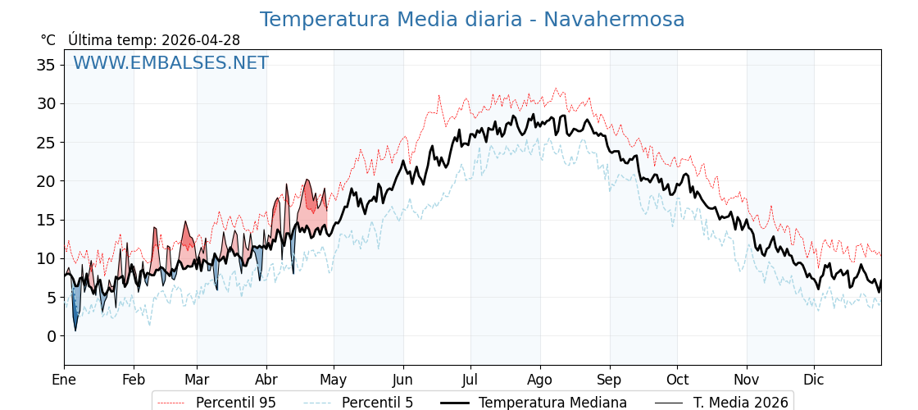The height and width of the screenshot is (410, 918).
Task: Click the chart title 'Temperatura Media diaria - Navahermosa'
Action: (471, 20)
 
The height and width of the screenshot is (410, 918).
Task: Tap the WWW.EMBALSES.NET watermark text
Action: (170, 63)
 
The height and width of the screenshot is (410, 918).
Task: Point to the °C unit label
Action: (48, 40)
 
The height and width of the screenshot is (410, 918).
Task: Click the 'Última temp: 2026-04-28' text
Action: (154, 40)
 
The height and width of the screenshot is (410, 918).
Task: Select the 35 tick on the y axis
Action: (46, 65)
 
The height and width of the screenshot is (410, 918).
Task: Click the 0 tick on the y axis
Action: (51, 336)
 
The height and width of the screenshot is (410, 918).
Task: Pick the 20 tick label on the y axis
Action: (46, 181)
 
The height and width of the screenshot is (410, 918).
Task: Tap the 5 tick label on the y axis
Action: (51, 298)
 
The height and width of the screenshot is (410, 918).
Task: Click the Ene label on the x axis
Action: (64, 380)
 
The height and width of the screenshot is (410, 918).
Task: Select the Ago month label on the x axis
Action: (540, 380)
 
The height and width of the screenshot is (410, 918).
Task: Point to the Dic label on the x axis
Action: (814, 380)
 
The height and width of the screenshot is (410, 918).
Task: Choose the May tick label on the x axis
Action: (333, 380)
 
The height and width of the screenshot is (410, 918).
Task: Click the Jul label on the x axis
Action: (470, 380)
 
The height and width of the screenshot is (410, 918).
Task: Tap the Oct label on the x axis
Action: (677, 380)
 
